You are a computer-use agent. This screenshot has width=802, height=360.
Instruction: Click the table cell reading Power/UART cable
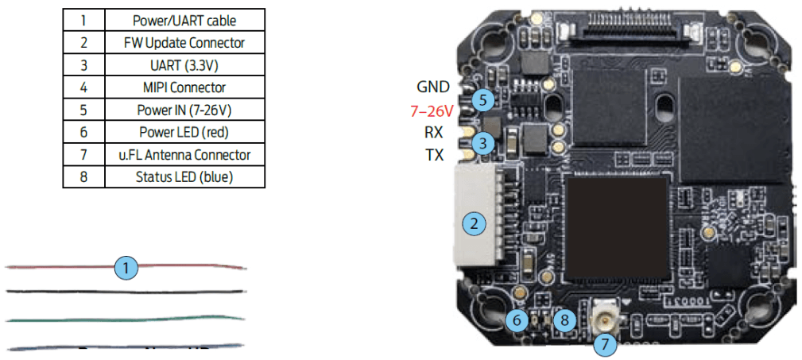pyautogui.click(x=184, y=20)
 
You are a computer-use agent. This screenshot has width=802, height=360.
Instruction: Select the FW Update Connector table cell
pyautogui.click(x=184, y=42)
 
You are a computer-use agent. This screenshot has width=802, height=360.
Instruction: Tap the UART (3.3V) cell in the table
pyautogui.click(x=184, y=65)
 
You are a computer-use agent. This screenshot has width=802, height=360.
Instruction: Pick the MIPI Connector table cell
pyautogui.click(x=184, y=87)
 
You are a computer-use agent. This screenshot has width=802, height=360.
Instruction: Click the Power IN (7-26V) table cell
pyautogui.click(x=184, y=110)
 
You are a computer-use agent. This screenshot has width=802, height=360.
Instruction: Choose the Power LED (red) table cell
pyautogui.click(x=184, y=132)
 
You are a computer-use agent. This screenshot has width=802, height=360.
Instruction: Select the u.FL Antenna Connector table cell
pyautogui.click(x=184, y=155)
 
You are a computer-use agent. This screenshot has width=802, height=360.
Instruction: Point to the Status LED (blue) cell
pyautogui.click(x=184, y=176)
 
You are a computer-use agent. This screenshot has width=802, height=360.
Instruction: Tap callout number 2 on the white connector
pyautogui.click(x=475, y=223)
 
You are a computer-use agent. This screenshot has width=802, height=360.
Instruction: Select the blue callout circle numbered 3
pyautogui.click(x=482, y=143)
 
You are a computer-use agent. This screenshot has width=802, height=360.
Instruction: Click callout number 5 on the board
pyautogui.click(x=482, y=100)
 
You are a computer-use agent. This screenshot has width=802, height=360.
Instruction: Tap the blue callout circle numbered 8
pyautogui.click(x=564, y=321)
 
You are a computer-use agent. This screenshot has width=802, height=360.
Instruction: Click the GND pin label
pyautogui.click(x=433, y=87)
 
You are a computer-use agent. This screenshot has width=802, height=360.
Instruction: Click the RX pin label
pyautogui.click(x=434, y=133)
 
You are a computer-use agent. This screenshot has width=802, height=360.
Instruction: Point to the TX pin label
pyautogui.click(x=434, y=156)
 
